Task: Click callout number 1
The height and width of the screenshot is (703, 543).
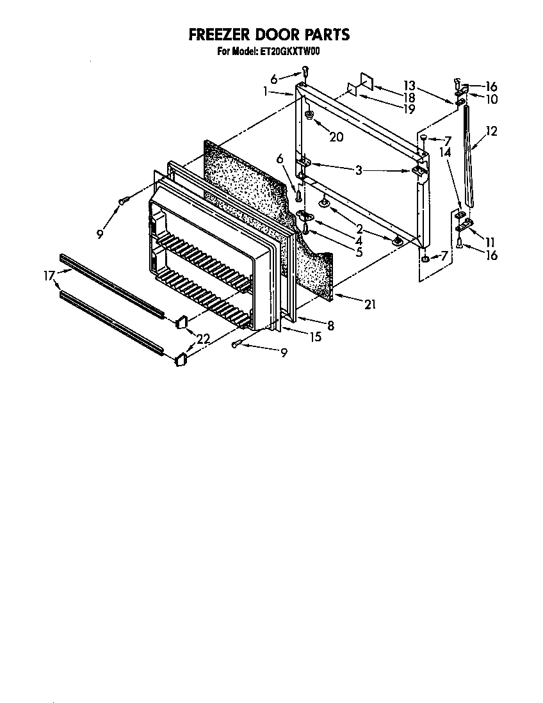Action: tap(265, 92)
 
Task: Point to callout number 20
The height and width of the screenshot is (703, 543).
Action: tap(336, 136)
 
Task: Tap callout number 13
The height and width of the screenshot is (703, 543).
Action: tap(409, 86)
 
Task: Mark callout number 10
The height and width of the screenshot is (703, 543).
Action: tap(491, 99)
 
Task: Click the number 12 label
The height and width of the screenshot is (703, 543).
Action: tap(491, 131)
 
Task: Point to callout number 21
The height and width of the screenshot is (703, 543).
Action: tap(369, 305)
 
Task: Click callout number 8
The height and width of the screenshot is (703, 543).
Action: tap(330, 326)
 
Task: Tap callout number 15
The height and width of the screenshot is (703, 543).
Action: tap(315, 337)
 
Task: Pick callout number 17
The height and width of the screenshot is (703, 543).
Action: tap(49, 277)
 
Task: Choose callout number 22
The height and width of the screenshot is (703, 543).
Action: tap(203, 339)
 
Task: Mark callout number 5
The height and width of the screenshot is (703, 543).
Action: tap(359, 252)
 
